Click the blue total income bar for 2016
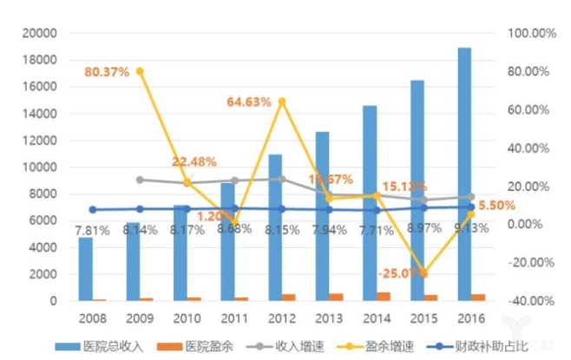[465, 173]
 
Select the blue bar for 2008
[86, 269]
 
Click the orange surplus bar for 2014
[383, 297]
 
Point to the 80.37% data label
[107, 72]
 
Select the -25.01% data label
[401, 273]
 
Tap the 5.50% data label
[497, 206]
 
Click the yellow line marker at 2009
[141, 71]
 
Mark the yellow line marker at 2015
[424, 273]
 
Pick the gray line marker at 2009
[141, 180]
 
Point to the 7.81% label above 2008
[92, 231]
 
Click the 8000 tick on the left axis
[43, 194]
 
